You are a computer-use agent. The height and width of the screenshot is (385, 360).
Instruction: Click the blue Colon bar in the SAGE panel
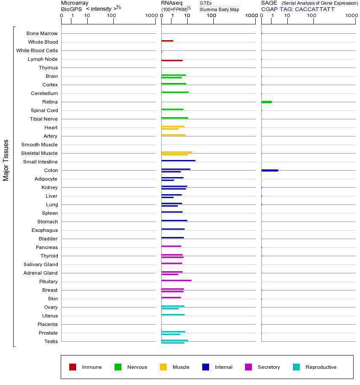(x=269, y=170)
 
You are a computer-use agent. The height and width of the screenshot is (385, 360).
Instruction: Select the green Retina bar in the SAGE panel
(x=266, y=102)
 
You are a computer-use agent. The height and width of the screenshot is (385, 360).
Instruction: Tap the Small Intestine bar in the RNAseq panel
(x=178, y=160)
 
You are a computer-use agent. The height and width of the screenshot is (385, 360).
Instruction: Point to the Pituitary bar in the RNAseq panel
(x=176, y=280)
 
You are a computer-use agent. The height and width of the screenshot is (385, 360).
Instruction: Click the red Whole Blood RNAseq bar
(x=167, y=41)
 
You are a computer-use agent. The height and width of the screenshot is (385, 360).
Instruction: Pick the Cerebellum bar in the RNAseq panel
(x=175, y=92)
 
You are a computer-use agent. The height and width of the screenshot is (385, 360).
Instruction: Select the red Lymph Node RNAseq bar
(x=172, y=60)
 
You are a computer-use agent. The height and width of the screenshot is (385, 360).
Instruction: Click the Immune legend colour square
(x=73, y=367)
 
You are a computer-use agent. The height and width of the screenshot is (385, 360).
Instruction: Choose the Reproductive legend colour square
(x=296, y=367)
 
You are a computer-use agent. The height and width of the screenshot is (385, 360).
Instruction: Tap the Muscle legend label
(x=181, y=367)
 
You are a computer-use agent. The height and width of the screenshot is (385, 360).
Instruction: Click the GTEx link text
(x=206, y=3)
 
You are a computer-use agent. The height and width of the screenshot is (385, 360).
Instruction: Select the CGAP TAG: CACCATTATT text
(x=298, y=9)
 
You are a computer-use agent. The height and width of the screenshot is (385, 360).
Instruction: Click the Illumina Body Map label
(x=219, y=9)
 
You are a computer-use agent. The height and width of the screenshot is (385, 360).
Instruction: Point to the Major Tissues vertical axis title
(x=6, y=160)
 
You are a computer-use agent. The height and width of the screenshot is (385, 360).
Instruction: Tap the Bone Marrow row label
(x=42, y=33)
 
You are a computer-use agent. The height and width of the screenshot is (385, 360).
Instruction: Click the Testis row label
(x=51, y=341)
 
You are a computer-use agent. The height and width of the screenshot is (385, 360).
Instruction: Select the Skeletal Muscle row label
(x=39, y=153)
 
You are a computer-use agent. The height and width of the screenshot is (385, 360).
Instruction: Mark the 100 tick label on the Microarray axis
(x=112, y=16)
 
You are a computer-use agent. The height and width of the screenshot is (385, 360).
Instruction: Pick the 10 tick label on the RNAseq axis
(x=187, y=16)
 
